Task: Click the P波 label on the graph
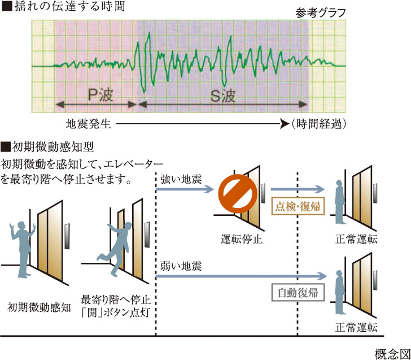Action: click(x=97, y=95)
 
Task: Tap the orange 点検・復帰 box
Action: click(x=298, y=206)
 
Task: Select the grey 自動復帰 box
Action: click(x=298, y=293)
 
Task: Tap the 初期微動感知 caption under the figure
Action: click(x=40, y=307)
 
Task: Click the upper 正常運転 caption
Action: click(x=356, y=240)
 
